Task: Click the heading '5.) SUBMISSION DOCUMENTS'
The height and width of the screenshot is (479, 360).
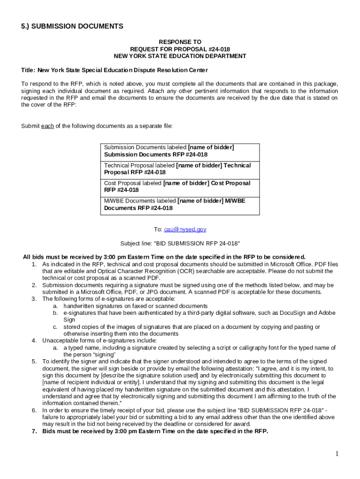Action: tap(72, 26)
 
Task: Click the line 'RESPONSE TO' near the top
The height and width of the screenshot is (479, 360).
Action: tap(180, 42)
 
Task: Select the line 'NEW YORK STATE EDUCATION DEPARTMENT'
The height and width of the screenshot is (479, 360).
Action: tap(180, 56)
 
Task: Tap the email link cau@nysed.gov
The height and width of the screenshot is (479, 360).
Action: tap(185, 229)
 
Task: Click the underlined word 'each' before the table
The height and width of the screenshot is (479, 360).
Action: tap(47, 126)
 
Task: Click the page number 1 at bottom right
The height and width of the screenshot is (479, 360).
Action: tap(336, 454)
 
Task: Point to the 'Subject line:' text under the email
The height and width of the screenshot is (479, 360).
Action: tap(136, 243)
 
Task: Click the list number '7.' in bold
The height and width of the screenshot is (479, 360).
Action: tap(35, 431)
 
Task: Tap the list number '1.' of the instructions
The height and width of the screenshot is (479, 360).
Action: tap(35, 264)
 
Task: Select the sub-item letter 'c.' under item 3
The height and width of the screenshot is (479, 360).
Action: tap(55, 327)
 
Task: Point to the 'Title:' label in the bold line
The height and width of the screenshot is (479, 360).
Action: tap(28, 70)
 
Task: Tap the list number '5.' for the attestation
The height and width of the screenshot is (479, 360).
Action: tap(35, 362)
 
